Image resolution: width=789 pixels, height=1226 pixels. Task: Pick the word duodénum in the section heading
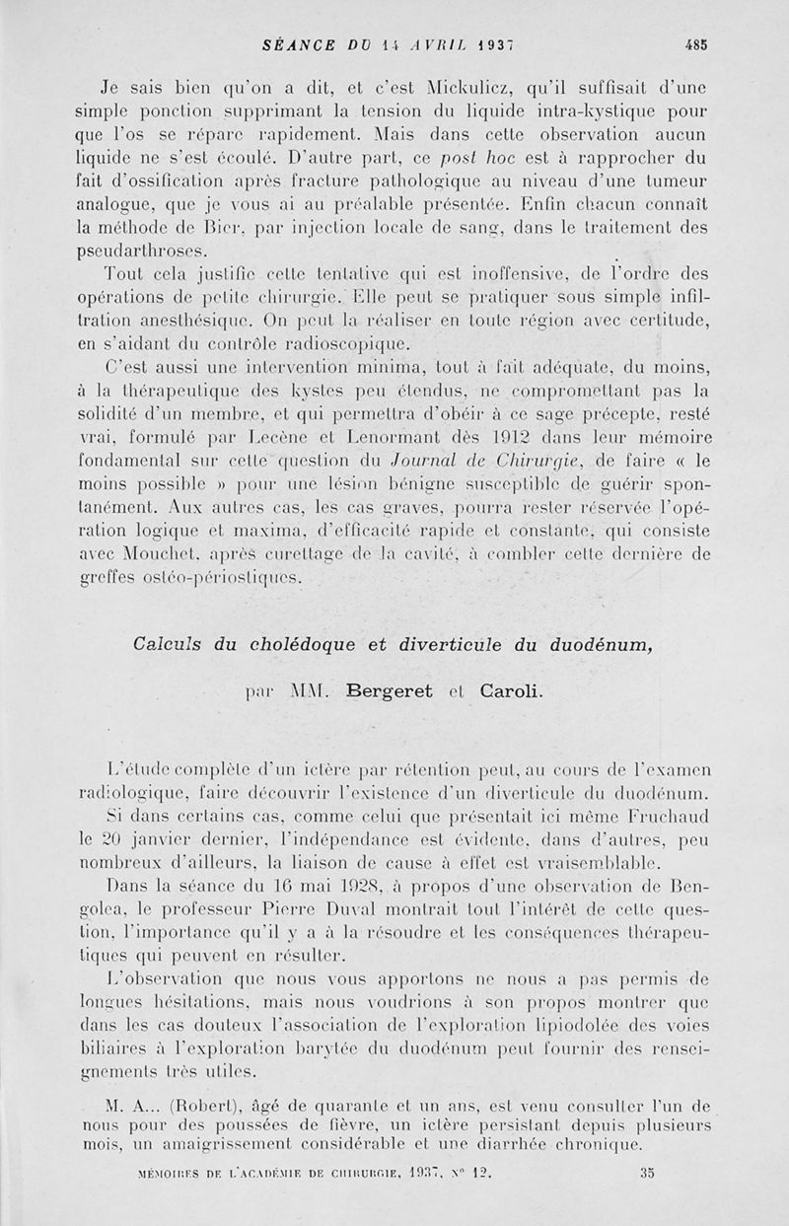[x=586, y=648]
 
